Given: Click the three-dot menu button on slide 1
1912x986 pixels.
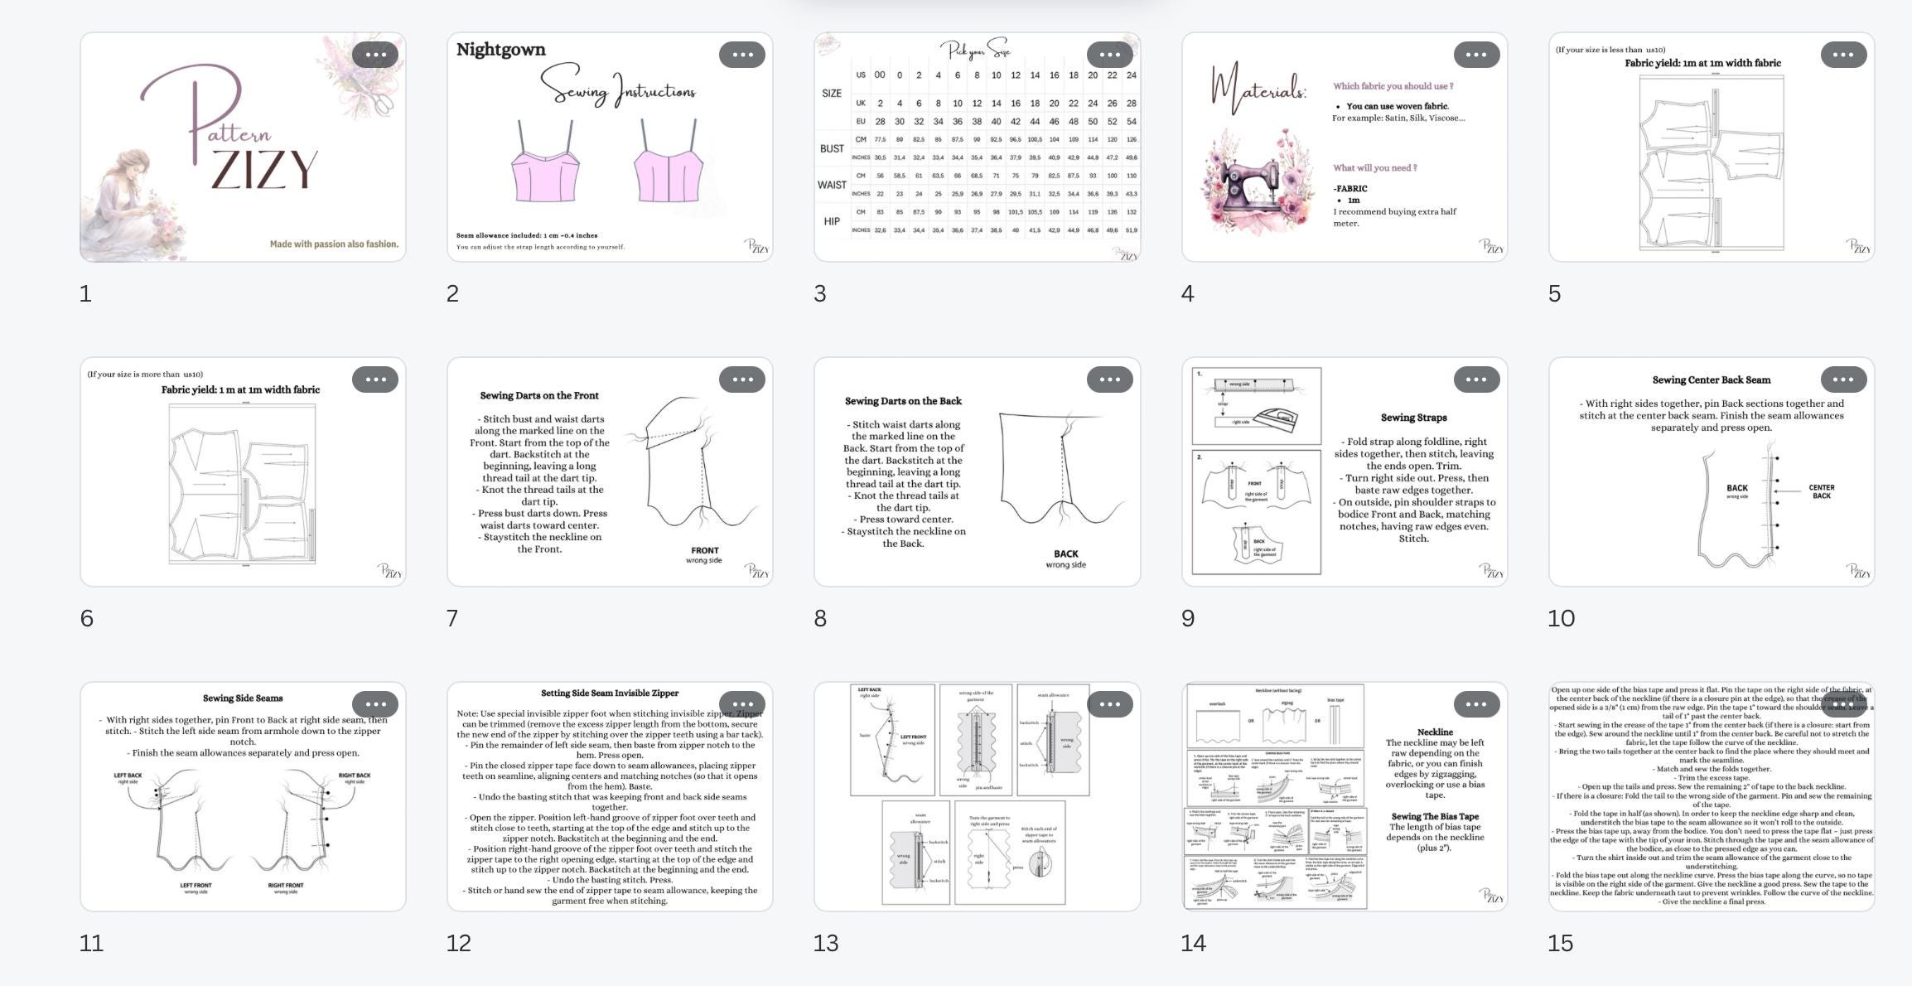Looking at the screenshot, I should point(374,55).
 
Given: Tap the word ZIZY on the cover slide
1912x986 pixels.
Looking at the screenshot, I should point(264,170).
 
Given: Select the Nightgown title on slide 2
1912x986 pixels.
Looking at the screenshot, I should point(500,50).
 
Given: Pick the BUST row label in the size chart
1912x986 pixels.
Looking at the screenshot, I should point(832,148).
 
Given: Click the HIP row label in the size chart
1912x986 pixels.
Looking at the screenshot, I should point(832,221).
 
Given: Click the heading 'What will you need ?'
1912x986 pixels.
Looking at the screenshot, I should point(1374,168).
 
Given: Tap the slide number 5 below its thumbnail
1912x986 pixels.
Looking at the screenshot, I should point(1554,293).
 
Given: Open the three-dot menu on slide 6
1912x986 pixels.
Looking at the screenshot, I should point(374,379).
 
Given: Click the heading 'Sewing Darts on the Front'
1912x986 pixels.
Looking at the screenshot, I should point(539,396).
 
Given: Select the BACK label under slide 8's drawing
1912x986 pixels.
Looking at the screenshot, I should point(1065,554).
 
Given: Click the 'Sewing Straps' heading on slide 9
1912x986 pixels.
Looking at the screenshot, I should point(1413,418).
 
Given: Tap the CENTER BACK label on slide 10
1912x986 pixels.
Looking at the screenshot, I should point(1821,491).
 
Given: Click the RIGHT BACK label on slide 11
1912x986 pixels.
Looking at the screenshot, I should point(354,776).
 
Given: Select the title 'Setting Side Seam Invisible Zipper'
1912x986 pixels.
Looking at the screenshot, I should point(609,694).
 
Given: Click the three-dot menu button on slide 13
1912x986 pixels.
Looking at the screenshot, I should point(1109,704).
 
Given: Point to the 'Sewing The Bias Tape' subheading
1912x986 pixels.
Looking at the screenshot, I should point(1435,817).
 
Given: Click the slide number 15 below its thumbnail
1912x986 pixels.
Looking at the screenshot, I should point(1560,943).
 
